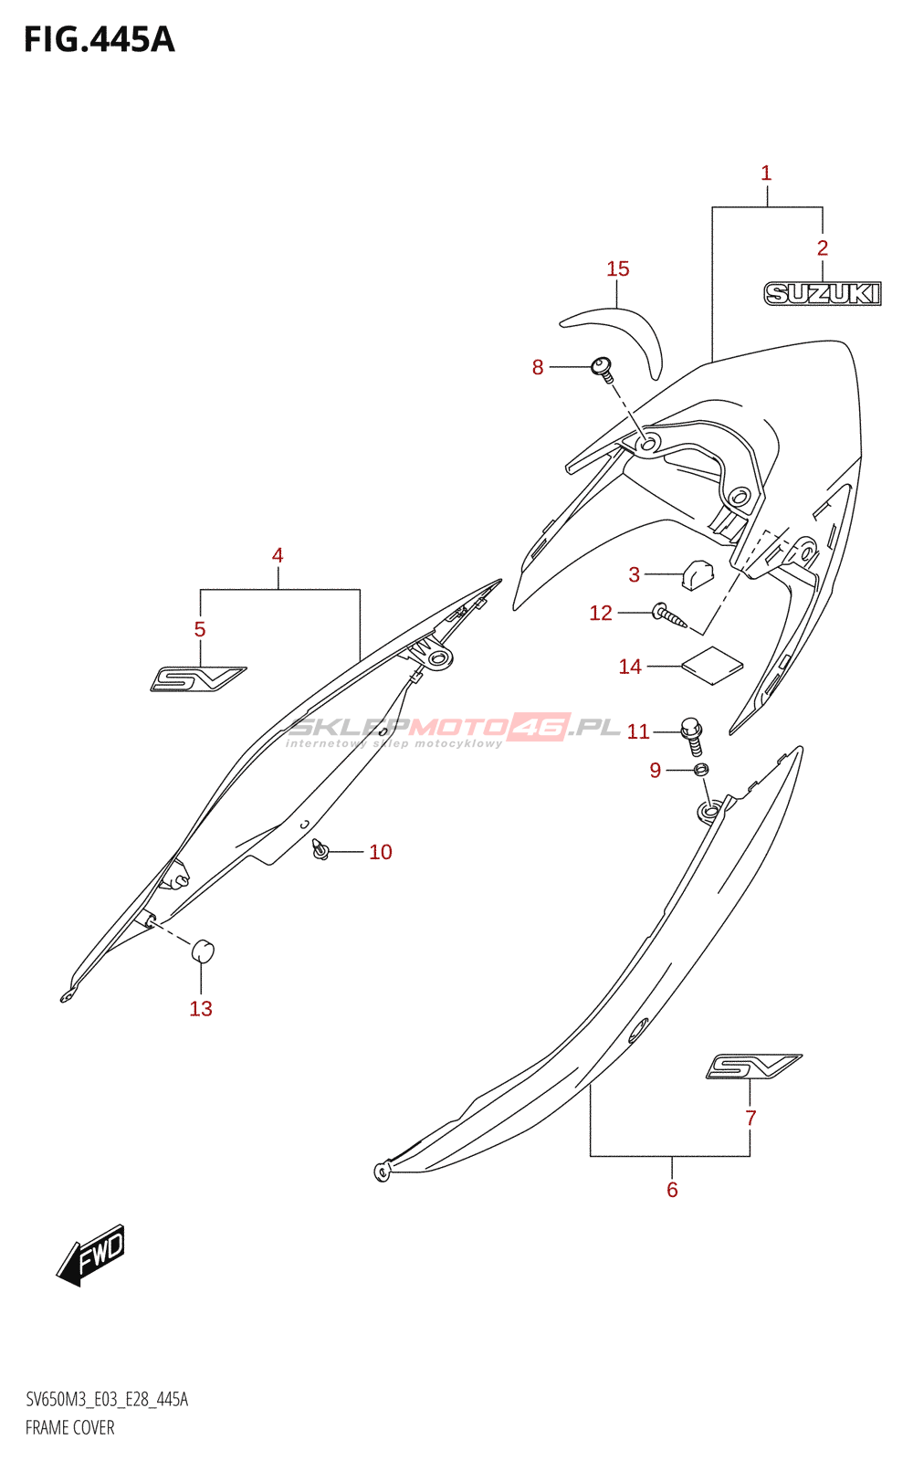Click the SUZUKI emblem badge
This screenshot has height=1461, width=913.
(x=822, y=293)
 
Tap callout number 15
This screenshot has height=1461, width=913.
(x=618, y=268)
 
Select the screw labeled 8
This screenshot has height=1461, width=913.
(x=602, y=367)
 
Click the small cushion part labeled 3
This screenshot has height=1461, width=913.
(x=696, y=573)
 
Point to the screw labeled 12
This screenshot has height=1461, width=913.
(x=670, y=616)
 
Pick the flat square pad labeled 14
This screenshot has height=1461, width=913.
(x=712, y=665)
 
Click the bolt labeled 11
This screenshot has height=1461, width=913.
(x=693, y=734)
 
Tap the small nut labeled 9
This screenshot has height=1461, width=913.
(x=700, y=771)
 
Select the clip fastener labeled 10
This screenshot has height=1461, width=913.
(x=320, y=850)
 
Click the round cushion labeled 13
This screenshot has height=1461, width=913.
(x=202, y=951)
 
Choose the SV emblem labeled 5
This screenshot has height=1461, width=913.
(x=197, y=679)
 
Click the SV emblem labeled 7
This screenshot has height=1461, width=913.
(x=753, y=1066)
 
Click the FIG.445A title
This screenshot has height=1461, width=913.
(x=99, y=39)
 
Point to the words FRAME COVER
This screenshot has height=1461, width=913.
(x=70, y=1427)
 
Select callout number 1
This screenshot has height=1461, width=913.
(x=766, y=173)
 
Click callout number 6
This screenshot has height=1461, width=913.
(x=672, y=1190)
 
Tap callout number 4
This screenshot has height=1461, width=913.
(x=278, y=555)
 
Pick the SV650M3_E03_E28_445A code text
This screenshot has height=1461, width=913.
(x=107, y=1400)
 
